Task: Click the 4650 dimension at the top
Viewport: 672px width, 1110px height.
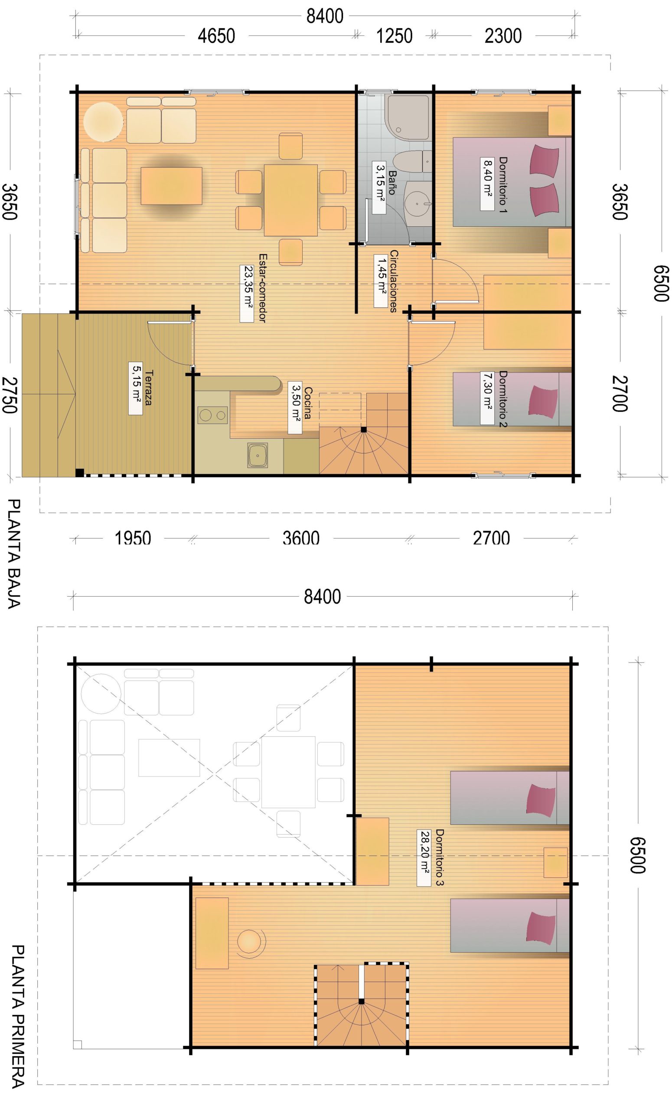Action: (x=216, y=36)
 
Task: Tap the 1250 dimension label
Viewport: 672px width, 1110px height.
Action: (x=394, y=36)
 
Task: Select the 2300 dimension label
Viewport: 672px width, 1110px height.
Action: (x=503, y=36)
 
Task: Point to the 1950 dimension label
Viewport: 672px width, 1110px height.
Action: (x=133, y=538)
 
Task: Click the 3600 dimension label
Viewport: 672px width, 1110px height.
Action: (x=301, y=538)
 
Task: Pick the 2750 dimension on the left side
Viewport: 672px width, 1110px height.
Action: (x=10, y=395)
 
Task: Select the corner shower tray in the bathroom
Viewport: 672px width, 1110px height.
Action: (x=408, y=118)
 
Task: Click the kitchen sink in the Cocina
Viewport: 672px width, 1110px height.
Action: (x=258, y=455)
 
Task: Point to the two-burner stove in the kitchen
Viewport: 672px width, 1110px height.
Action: (x=212, y=415)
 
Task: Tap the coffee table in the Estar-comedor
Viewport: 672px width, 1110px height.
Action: (x=171, y=186)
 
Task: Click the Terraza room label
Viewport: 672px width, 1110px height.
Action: (x=148, y=388)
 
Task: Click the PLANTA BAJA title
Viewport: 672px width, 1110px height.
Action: (x=14, y=554)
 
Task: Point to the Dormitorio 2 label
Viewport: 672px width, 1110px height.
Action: (x=503, y=398)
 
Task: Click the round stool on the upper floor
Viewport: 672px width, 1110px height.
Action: (x=249, y=941)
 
